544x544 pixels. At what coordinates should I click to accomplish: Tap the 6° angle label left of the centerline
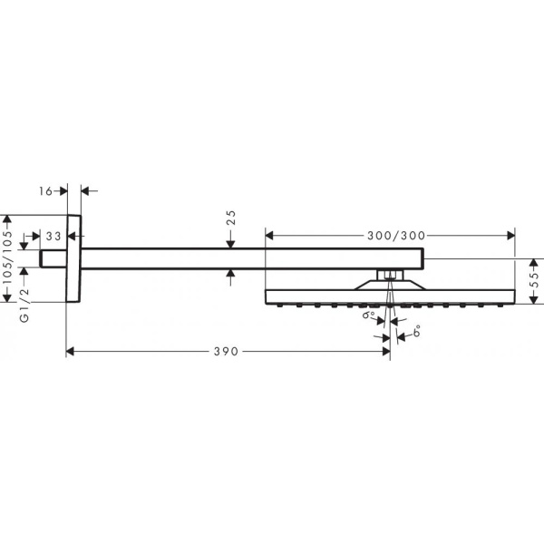(x=370, y=317)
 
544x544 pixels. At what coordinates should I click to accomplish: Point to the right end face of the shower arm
(x=424, y=258)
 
